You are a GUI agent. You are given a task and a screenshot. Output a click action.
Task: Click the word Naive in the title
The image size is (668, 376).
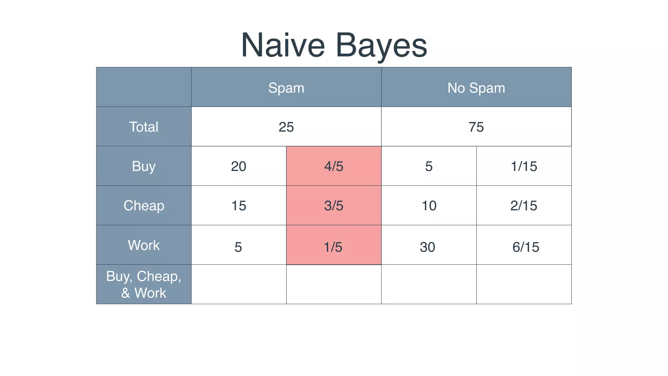click(x=283, y=45)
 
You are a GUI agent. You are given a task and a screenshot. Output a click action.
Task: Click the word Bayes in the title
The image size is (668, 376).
click(x=381, y=45)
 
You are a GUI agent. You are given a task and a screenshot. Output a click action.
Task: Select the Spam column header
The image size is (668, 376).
click(x=286, y=88)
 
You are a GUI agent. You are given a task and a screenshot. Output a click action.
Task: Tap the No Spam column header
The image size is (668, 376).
click(x=476, y=88)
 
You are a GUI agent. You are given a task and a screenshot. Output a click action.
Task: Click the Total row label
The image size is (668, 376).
click(x=144, y=127)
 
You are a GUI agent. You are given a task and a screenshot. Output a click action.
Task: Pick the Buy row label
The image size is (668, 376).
click(x=144, y=166)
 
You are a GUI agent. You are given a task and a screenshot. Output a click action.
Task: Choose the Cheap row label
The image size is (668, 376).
click(x=144, y=206)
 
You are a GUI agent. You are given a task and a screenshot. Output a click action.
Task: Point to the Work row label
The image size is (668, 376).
click(x=144, y=245)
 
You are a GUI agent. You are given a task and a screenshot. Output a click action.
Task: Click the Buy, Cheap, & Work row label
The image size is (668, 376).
click(x=144, y=284)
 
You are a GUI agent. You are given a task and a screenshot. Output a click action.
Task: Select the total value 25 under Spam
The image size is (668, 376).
click(x=286, y=127)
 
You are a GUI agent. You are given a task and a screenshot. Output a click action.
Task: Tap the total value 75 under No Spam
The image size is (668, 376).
click(x=476, y=127)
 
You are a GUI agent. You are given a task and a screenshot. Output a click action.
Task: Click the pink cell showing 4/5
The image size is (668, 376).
click(x=334, y=166)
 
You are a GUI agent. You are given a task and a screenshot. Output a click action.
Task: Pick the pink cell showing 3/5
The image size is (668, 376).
click(x=334, y=206)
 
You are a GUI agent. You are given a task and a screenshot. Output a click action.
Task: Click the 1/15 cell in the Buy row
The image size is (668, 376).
click(x=524, y=166)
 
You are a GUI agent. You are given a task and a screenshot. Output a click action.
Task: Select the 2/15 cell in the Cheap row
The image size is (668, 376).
click(x=524, y=206)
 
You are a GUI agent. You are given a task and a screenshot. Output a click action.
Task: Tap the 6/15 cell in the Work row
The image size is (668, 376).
click(x=525, y=247)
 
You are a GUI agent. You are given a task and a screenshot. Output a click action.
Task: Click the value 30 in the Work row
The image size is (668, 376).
click(x=427, y=247)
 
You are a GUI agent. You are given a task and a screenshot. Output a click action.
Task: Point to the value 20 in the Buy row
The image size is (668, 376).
click(x=238, y=166)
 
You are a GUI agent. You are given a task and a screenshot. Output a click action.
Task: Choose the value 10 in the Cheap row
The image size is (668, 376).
click(x=429, y=206)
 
